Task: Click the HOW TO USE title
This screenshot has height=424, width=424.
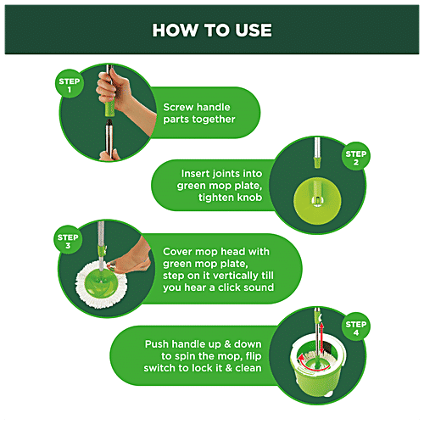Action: point(212,30)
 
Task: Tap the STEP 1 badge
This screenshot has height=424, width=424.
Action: point(70,84)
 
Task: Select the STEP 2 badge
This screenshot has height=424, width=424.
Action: point(356,156)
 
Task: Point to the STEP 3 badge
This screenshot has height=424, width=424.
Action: point(68,240)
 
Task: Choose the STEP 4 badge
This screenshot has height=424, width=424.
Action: point(356,326)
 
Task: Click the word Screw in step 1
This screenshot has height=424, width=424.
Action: point(178,107)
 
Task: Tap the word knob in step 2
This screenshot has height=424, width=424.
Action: point(249,198)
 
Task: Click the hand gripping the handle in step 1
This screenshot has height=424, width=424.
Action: point(119,91)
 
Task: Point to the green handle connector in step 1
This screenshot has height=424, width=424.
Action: point(109,109)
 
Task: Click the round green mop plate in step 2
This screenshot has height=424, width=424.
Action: point(317,201)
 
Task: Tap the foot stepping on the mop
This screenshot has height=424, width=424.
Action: point(131,258)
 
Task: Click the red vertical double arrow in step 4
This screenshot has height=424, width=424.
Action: point(321,338)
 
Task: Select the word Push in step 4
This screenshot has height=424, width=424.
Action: point(157,344)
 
